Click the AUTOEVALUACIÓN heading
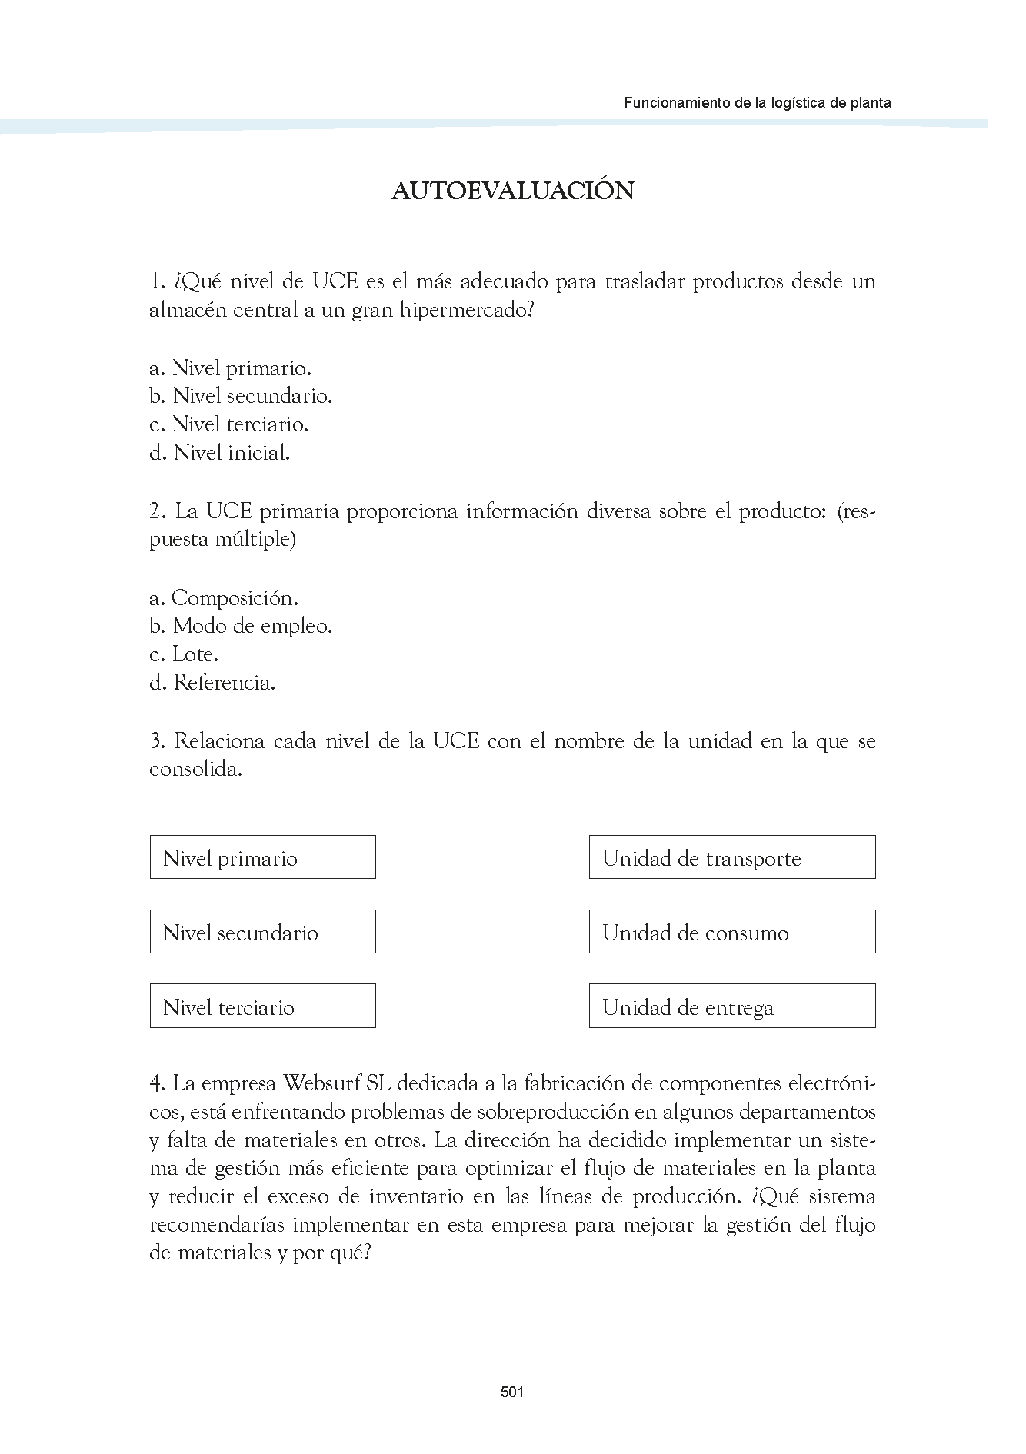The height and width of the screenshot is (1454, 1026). [512, 191]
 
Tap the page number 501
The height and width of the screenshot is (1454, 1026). [512, 1391]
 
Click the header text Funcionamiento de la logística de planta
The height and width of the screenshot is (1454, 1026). [757, 102]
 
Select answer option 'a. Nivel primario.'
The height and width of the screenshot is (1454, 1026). [230, 368]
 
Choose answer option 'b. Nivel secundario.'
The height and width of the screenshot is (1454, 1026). [241, 396]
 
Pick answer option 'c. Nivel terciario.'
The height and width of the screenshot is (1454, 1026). [228, 424]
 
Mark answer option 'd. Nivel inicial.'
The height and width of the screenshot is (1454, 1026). [219, 453]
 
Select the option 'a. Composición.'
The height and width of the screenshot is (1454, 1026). [224, 597]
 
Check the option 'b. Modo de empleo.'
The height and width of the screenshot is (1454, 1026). [241, 626]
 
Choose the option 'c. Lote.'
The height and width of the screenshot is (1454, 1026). [184, 654]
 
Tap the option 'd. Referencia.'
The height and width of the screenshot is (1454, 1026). [212, 683]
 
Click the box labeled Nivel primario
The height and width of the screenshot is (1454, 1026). [262, 857]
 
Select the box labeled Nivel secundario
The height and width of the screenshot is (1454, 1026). [262, 932]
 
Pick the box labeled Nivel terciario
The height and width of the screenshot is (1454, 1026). [262, 1006]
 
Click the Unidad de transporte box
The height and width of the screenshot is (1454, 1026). [731, 857]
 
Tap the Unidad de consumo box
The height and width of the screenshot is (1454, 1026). [731, 932]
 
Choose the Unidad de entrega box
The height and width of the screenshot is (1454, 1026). [731, 1006]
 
